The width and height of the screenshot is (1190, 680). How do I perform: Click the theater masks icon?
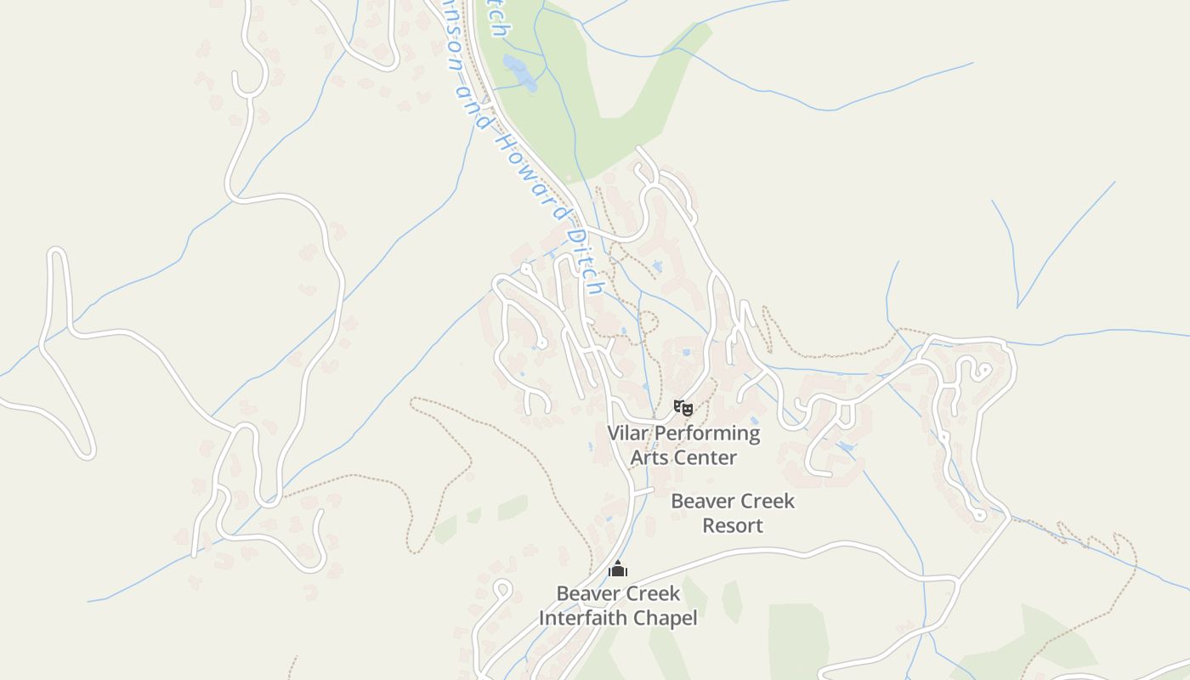point(683,408)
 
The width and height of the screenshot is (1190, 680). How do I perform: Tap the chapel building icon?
point(617,569)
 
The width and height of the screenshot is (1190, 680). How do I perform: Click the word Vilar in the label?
point(628,433)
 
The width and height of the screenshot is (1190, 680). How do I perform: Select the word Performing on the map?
point(707,433)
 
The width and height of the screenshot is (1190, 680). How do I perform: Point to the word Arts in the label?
point(649,457)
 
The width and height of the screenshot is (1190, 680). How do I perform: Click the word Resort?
point(733,525)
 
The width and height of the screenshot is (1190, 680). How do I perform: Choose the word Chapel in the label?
point(669,618)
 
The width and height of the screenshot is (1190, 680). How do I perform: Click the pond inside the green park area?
point(519,72)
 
